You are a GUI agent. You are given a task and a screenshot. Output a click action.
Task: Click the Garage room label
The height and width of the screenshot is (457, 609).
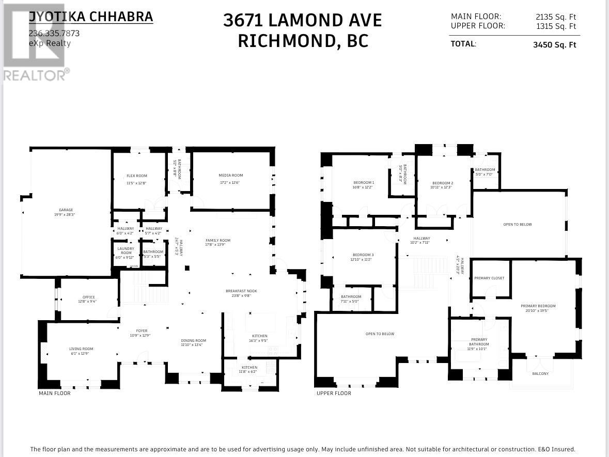(x=66, y=210)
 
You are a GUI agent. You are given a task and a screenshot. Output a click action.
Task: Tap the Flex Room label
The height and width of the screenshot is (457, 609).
(x=137, y=176)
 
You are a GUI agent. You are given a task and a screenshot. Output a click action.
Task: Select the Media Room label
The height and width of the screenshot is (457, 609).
(x=230, y=176)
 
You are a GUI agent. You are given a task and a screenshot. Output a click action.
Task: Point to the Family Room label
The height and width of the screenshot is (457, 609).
(x=218, y=241)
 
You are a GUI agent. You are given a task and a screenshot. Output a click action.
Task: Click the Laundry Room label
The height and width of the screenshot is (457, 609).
(x=126, y=250)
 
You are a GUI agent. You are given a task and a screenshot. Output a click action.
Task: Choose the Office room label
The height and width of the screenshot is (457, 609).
(x=88, y=297)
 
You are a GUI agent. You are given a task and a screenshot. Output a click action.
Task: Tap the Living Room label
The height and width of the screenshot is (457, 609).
(x=81, y=349)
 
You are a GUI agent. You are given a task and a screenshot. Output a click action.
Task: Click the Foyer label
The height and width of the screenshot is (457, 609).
(x=142, y=331)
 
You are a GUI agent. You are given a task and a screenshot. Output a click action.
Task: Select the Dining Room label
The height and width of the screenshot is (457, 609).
(x=194, y=341)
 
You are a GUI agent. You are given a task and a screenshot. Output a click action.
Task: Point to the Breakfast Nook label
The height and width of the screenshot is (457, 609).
(x=241, y=291)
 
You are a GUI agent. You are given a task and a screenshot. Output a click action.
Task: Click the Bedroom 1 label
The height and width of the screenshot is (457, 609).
(x=364, y=183)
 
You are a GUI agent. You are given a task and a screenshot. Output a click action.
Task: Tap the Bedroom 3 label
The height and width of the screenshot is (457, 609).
(x=363, y=255)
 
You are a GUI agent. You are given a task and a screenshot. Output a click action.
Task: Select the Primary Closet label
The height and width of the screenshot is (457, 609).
(x=489, y=278)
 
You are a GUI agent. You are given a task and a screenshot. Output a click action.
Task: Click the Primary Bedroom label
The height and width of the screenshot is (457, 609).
(x=538, y=306)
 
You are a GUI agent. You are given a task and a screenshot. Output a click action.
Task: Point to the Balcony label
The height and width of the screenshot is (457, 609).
(x=540, y=374)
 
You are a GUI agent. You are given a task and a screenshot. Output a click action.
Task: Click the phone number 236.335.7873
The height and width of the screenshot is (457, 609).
(x=54, y=34)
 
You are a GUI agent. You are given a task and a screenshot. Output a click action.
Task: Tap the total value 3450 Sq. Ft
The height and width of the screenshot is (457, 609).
(x=554, y=45)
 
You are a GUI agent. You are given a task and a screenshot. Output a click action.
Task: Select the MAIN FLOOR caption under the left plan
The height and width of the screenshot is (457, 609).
(x=55, y=393)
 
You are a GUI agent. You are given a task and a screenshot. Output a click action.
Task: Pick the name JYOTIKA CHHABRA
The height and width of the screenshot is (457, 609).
(x=91, y=17)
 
